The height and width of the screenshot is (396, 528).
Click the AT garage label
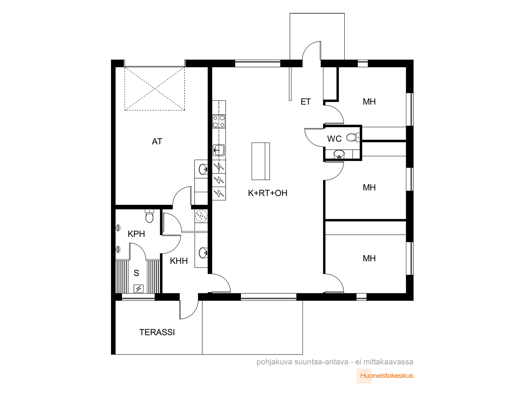[157, 142]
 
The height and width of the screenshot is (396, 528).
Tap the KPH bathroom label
[136, 234]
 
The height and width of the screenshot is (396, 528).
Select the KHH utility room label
[179, 261]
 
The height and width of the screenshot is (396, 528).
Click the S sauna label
[136, 273]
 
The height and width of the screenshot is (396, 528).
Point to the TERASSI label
[157, 332]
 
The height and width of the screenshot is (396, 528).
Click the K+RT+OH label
[268, 193]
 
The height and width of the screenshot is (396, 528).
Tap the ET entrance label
[306, 102]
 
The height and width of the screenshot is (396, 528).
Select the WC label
[334, 139]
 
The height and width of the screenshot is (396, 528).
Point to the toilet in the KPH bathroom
[149, 216]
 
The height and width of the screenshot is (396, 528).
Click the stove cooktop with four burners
[219, 121]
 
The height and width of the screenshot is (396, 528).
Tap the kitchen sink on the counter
[219, 150]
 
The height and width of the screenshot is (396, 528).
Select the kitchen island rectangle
[261, 161]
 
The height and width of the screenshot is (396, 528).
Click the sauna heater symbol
[139, 289]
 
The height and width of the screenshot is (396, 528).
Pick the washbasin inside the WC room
[339, 154]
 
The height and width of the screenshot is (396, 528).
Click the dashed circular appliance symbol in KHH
[201, 216]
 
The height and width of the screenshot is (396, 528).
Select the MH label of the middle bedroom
[369, 187]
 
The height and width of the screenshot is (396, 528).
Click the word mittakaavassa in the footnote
[388, 362]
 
